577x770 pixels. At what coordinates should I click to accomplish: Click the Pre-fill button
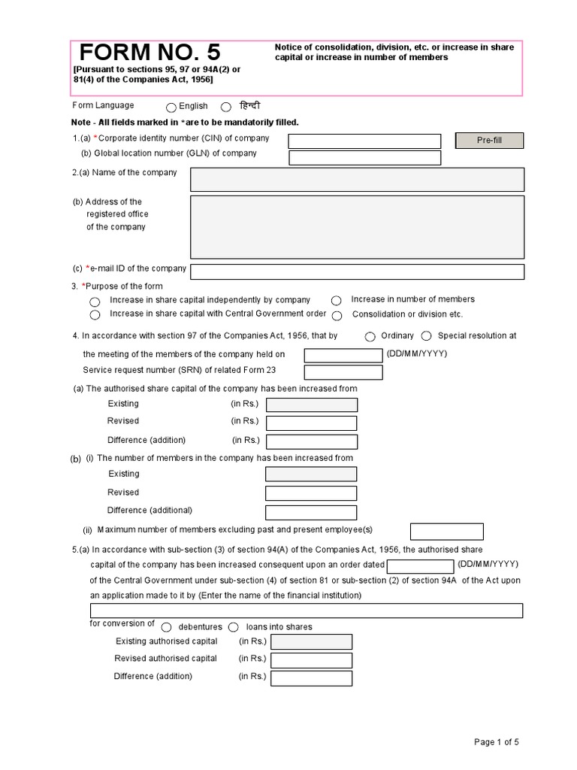[489, 141]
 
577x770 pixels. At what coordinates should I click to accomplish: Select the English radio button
[171, 108]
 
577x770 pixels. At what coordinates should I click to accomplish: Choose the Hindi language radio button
[225, 108]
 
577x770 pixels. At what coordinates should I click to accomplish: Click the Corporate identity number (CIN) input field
[364, 141]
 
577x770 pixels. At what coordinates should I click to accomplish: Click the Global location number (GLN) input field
[364, 158]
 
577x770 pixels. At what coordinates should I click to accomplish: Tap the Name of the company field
[357, 180]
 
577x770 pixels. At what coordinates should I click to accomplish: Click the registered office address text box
[357, 227]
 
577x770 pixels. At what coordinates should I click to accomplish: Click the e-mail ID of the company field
[357, 271]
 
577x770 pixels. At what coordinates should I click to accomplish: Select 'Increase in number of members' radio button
[337, 300]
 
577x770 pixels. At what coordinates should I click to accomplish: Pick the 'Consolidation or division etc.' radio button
[337, 316]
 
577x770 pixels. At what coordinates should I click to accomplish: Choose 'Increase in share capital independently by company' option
[95, 301]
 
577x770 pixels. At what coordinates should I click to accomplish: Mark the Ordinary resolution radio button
[371, 337]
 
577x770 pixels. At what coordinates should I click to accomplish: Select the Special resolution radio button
[426, 337]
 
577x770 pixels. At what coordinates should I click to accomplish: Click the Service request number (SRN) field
[343, 372]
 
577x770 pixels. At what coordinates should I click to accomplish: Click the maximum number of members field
[447, 532]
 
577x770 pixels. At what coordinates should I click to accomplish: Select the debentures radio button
[167, 627]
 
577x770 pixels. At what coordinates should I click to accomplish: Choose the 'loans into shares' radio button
[234, 627]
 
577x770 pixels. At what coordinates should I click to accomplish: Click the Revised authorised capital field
[311, 660]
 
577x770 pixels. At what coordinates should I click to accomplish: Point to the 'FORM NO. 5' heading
[150, 53]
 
